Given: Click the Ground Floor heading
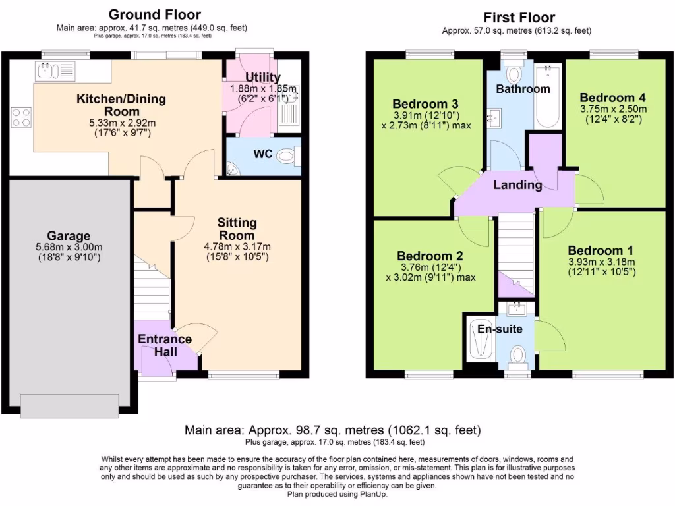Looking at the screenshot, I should click(x=154, y=14).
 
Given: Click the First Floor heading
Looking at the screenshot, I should click(x=519, y=18).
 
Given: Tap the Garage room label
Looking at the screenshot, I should click(x=69, y=236).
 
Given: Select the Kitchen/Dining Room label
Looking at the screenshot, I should click(x=121, y=105).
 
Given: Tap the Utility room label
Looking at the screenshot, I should click(x=263, y=77).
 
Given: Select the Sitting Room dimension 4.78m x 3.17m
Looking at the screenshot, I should click(x=237, y=247).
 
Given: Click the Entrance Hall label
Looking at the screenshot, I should click(x=165, y=345).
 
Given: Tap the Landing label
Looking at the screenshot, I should click(x=517, y=185).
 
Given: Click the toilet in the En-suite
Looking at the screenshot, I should click(x=519, y=354).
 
